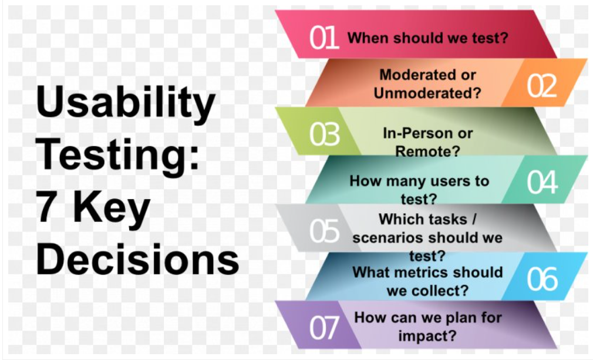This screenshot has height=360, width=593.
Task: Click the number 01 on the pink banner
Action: click(324, 38)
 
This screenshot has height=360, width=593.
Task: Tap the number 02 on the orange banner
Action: click(541, 86)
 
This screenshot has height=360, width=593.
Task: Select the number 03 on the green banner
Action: click(325, 134)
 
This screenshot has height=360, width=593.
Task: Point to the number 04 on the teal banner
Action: click(541, 183)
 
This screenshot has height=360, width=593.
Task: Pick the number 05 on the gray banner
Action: click(325, 231)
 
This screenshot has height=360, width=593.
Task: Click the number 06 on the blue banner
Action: click(541, 280)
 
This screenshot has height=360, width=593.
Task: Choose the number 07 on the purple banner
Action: click(325, 328)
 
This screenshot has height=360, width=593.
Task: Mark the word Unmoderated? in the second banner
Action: click(427, 93)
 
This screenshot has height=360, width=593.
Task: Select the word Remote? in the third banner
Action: click(427, 151)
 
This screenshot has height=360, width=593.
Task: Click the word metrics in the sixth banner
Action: click(430, 272)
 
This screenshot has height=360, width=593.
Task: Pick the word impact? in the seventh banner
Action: click(427, 336)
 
